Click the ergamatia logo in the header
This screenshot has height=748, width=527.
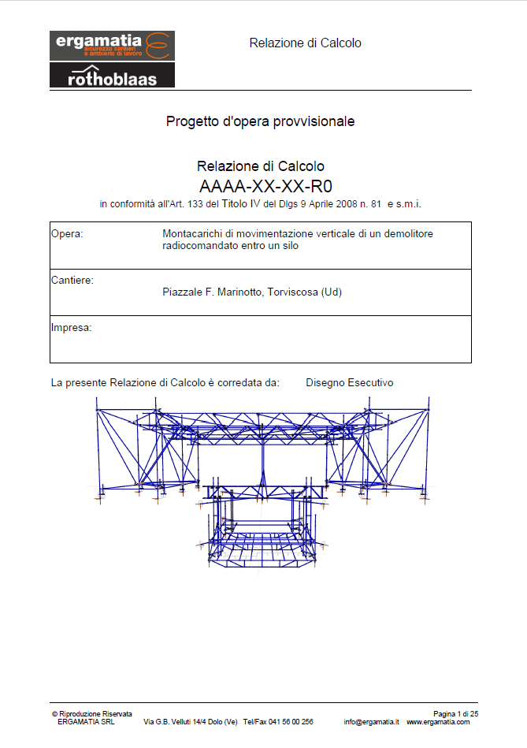point(111,46)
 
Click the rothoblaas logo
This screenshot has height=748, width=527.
point(112,76)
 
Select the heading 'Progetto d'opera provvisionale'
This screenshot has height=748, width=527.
point(260,121)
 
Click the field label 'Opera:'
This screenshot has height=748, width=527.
point(67,234)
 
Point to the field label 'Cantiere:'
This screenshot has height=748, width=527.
point(72,281)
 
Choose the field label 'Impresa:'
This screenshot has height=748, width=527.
point(71,327)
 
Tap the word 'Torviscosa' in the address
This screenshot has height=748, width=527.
point(293,292)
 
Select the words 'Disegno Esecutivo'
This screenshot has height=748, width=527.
point(350,383)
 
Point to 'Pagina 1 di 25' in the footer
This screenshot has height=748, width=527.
point(456,713)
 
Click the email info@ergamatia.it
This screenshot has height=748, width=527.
point(372,722)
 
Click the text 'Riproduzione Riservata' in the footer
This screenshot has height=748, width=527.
point(95,713)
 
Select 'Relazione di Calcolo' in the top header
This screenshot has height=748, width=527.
point(305,43)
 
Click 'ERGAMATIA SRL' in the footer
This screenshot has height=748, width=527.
point(86,722)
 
